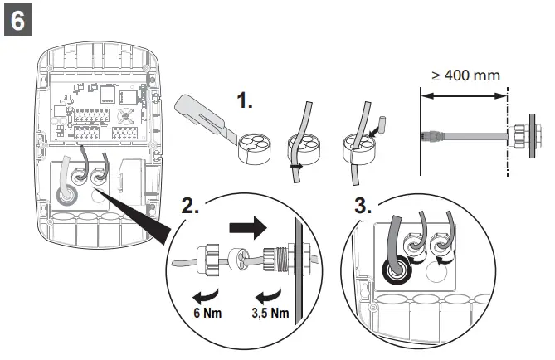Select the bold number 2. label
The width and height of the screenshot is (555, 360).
pyautogui.click(x=190, y=207)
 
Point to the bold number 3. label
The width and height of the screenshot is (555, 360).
pyautogui.click(x=363, y=206)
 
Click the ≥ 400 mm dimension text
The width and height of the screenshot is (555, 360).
pyautogui.click(x=465, y=75)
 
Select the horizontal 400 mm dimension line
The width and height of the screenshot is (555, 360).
pyautogui.click(x=464, y=95)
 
